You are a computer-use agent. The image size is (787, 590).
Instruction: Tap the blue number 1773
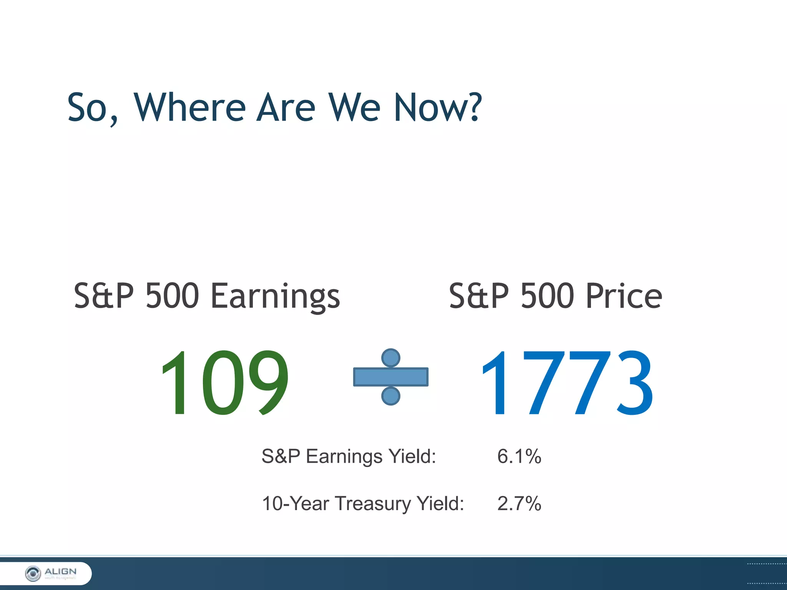[566, 383]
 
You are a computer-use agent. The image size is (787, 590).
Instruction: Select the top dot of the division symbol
[390, 358]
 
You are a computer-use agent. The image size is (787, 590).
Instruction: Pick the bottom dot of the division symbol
[390, 396]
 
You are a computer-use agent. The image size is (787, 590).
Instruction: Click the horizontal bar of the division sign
[390, 377]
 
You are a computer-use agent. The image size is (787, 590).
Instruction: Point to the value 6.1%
[519, 457]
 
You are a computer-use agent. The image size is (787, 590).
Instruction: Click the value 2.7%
[519, 504]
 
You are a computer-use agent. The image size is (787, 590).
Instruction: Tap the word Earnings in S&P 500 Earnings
[275, 297]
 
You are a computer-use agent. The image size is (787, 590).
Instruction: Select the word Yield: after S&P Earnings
[412, 457]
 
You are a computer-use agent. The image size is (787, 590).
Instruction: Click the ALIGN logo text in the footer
[60, 572]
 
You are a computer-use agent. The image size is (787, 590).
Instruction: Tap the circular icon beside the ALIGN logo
[33, 574]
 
